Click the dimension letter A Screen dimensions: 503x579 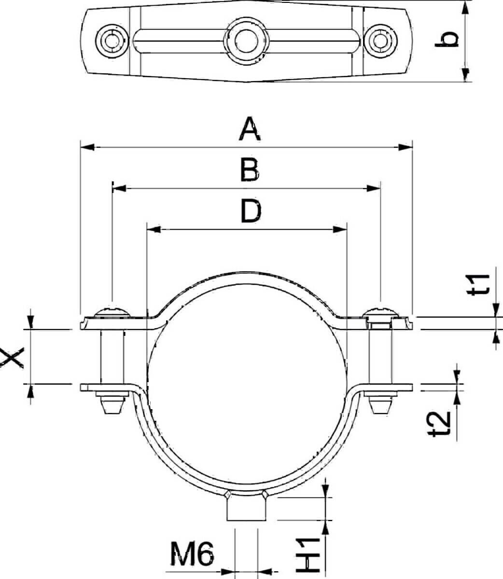250,129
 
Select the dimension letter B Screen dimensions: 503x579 250,170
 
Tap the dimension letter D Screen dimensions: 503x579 251,211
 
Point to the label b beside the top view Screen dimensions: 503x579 447,40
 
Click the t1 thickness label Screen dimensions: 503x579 478,284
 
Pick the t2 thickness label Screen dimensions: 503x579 439,424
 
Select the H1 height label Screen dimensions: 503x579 307,555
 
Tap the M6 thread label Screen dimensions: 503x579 192,553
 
